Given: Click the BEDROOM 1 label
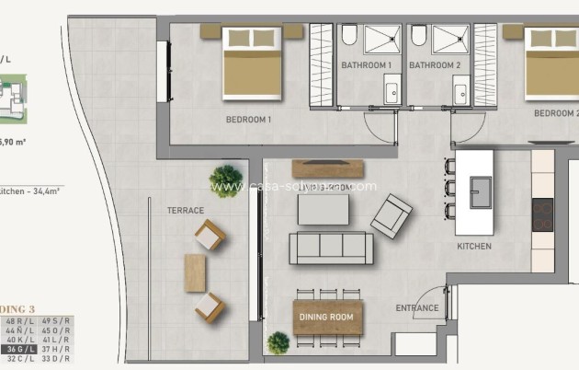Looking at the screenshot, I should click(x=249, y=120).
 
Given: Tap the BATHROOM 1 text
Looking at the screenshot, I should click(x=367, y=65).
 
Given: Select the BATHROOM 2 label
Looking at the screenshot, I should click(x=435, y=65).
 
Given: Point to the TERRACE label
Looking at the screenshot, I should click(x=186, y=210).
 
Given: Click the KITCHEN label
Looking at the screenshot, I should click(x=474, y=246).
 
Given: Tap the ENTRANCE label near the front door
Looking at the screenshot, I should click(x=416, y=307).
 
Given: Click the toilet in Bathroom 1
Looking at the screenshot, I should click(x=350, y=36).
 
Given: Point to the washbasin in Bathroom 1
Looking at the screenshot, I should click(x=392, y=90).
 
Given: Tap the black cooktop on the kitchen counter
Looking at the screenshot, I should click(x=542, y=214).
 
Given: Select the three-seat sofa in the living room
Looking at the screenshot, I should click(x=331, y=249).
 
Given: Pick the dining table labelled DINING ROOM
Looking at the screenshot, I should click(x=328, y=318).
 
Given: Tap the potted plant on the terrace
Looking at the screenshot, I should click(x=225, y=176).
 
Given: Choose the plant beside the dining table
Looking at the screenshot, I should click(x=278, y=343).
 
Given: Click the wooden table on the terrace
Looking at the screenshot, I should click(x=196, y=272).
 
